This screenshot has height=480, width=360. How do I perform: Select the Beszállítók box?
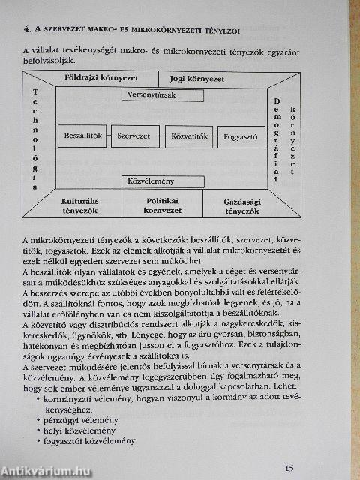pos(82,136)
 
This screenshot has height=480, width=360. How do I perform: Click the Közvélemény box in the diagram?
pos(162,181)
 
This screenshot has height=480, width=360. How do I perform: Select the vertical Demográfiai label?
pos(276,139)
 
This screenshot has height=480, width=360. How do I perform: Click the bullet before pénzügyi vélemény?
pos(38,421)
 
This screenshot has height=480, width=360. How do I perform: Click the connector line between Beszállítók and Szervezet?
pos(109,136)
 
